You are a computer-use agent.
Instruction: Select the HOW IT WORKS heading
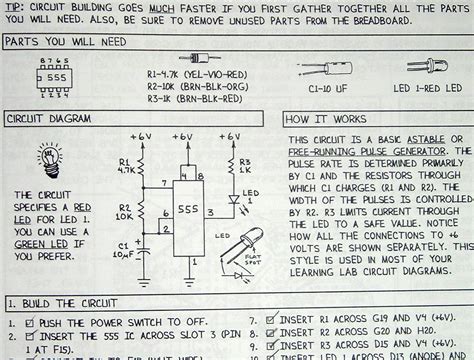coord(323,118)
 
